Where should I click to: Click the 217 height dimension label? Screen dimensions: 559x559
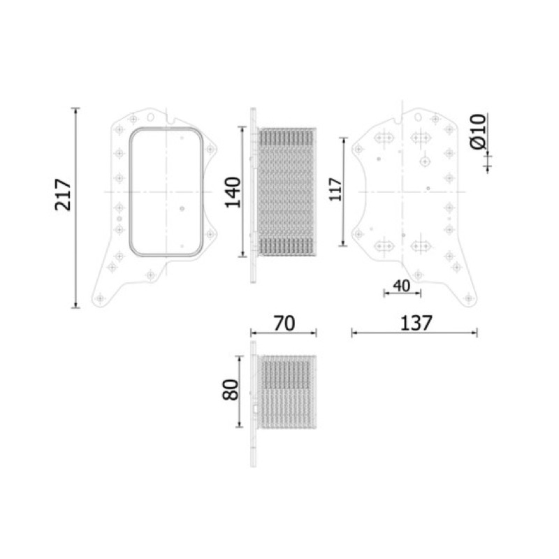click(63, 195)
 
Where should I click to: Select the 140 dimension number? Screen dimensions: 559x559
click(233, 192)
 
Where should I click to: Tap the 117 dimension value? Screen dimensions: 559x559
click(335, 189)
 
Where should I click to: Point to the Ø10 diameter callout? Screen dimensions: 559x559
click(478, 131)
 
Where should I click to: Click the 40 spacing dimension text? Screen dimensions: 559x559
click(401, 286)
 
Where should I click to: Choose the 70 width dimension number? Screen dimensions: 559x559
click(284, 324)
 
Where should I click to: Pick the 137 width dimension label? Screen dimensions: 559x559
click(416, 323)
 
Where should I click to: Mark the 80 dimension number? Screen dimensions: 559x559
click(231, 390)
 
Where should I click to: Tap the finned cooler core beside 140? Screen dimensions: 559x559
click(286, 191)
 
